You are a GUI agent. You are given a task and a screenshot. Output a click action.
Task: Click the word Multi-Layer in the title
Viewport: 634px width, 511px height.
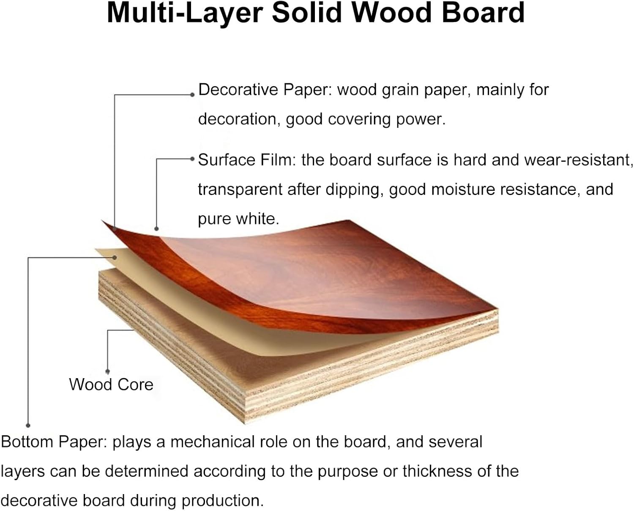pos(185,13)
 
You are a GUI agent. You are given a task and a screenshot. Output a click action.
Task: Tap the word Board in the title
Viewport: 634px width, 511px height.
pos(483,13)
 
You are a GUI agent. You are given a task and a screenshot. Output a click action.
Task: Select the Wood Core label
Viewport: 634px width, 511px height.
pos(111,385)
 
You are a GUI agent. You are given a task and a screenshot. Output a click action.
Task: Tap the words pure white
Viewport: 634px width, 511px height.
pos(238,219)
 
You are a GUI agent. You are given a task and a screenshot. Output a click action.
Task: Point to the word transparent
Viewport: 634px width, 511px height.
pos(240,190)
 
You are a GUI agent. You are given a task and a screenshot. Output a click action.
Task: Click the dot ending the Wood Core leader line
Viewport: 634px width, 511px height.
pos(108,371)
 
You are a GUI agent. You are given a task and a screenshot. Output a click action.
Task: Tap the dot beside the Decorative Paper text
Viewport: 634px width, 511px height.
pos(192,95)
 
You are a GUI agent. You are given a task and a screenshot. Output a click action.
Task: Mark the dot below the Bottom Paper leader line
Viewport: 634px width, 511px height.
pos(28,425)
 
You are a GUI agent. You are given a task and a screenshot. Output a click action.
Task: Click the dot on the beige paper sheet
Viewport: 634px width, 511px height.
pos(115,257)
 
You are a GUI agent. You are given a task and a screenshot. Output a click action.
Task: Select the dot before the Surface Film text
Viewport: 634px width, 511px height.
pos(192,159)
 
